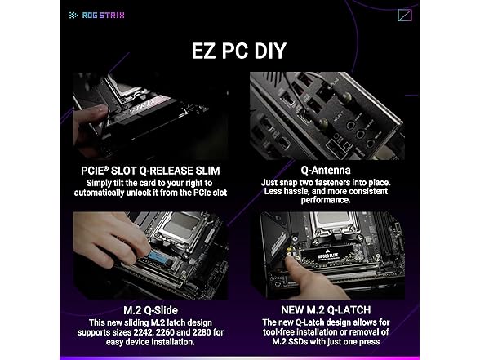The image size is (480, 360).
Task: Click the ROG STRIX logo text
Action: (x=103, y=15)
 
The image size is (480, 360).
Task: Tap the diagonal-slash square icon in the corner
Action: (x=405, y=15)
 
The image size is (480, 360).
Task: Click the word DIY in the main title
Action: (x=270, y=51)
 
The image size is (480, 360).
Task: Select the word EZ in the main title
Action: (x=203, y=51)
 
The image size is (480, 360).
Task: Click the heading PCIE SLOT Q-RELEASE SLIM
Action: (x=150, y=171)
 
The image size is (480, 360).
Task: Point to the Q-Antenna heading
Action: (x=326, y=170)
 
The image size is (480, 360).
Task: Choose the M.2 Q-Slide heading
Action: (x=150, y=310)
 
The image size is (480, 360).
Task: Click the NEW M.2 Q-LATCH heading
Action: (x=326, y=310)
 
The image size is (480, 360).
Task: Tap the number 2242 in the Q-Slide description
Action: (x=144, y=332)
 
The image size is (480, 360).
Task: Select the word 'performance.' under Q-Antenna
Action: (x=326, y=200)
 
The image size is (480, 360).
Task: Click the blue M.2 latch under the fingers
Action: (x=159, y=259)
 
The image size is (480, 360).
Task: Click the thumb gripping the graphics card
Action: (x=91, y=113)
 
